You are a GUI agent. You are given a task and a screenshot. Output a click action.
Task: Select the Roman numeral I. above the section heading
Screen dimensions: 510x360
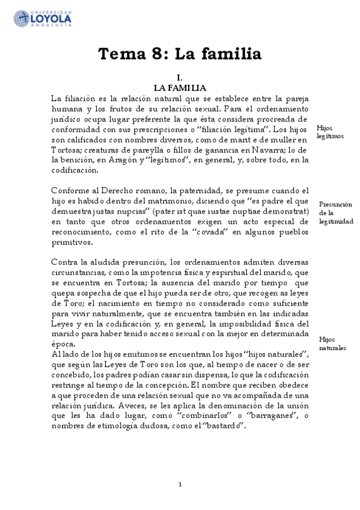pos(179,78)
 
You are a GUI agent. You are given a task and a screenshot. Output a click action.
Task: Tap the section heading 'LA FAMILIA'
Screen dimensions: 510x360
pos(180,88)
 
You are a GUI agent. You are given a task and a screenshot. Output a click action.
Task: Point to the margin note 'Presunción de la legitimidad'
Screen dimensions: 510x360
pos(335,213)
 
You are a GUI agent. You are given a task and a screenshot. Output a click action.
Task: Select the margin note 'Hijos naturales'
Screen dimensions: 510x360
pos(332,343)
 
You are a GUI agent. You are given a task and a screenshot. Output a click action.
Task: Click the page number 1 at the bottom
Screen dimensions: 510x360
pos(179,485)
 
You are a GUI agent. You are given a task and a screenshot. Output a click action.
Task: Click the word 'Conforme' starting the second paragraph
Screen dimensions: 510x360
pos(70,191)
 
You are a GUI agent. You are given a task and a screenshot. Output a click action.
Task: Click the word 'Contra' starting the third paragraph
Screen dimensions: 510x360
pos(64,262)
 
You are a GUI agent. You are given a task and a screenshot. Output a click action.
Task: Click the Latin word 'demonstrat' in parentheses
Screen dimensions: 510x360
pos(285,212)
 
